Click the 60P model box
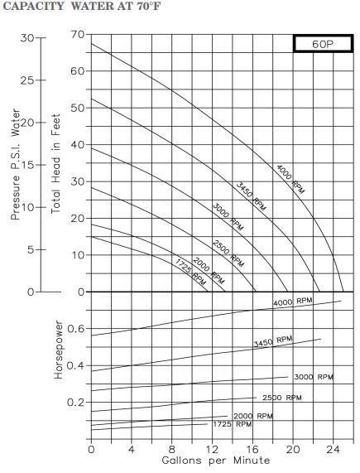pos(323,44)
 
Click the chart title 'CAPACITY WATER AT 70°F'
pos(82,6)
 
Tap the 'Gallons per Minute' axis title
pos(216,461)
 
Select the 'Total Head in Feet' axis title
pos(55,164)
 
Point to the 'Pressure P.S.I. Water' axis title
pos(16,164)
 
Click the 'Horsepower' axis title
pos(59,350)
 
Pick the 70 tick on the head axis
pos(78,35)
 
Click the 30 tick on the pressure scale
pos(27,38)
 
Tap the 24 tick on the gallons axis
pos(334,450)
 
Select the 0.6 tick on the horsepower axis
pos(76,329)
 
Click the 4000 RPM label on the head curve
pos(290,179)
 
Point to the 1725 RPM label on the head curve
pos(190,272)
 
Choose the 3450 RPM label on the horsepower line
pos(273,341)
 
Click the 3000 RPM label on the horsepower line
pos(314,377)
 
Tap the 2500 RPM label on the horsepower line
pos(282,398)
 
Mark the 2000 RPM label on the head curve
pos(209,271)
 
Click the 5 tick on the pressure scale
pos(31,250)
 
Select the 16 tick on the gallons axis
pos(252,450)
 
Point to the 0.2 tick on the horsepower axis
pos(76,403)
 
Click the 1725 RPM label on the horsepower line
pos(233,424)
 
